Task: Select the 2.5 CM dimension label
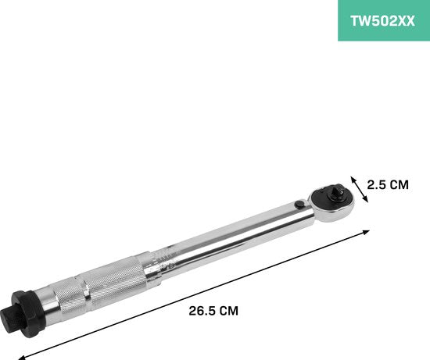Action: coord(389,185)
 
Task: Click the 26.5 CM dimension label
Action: coord(213,310)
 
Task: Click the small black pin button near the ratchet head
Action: coord(299,205)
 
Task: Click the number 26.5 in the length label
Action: coord(202,310)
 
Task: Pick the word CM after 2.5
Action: coord(399,185)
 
